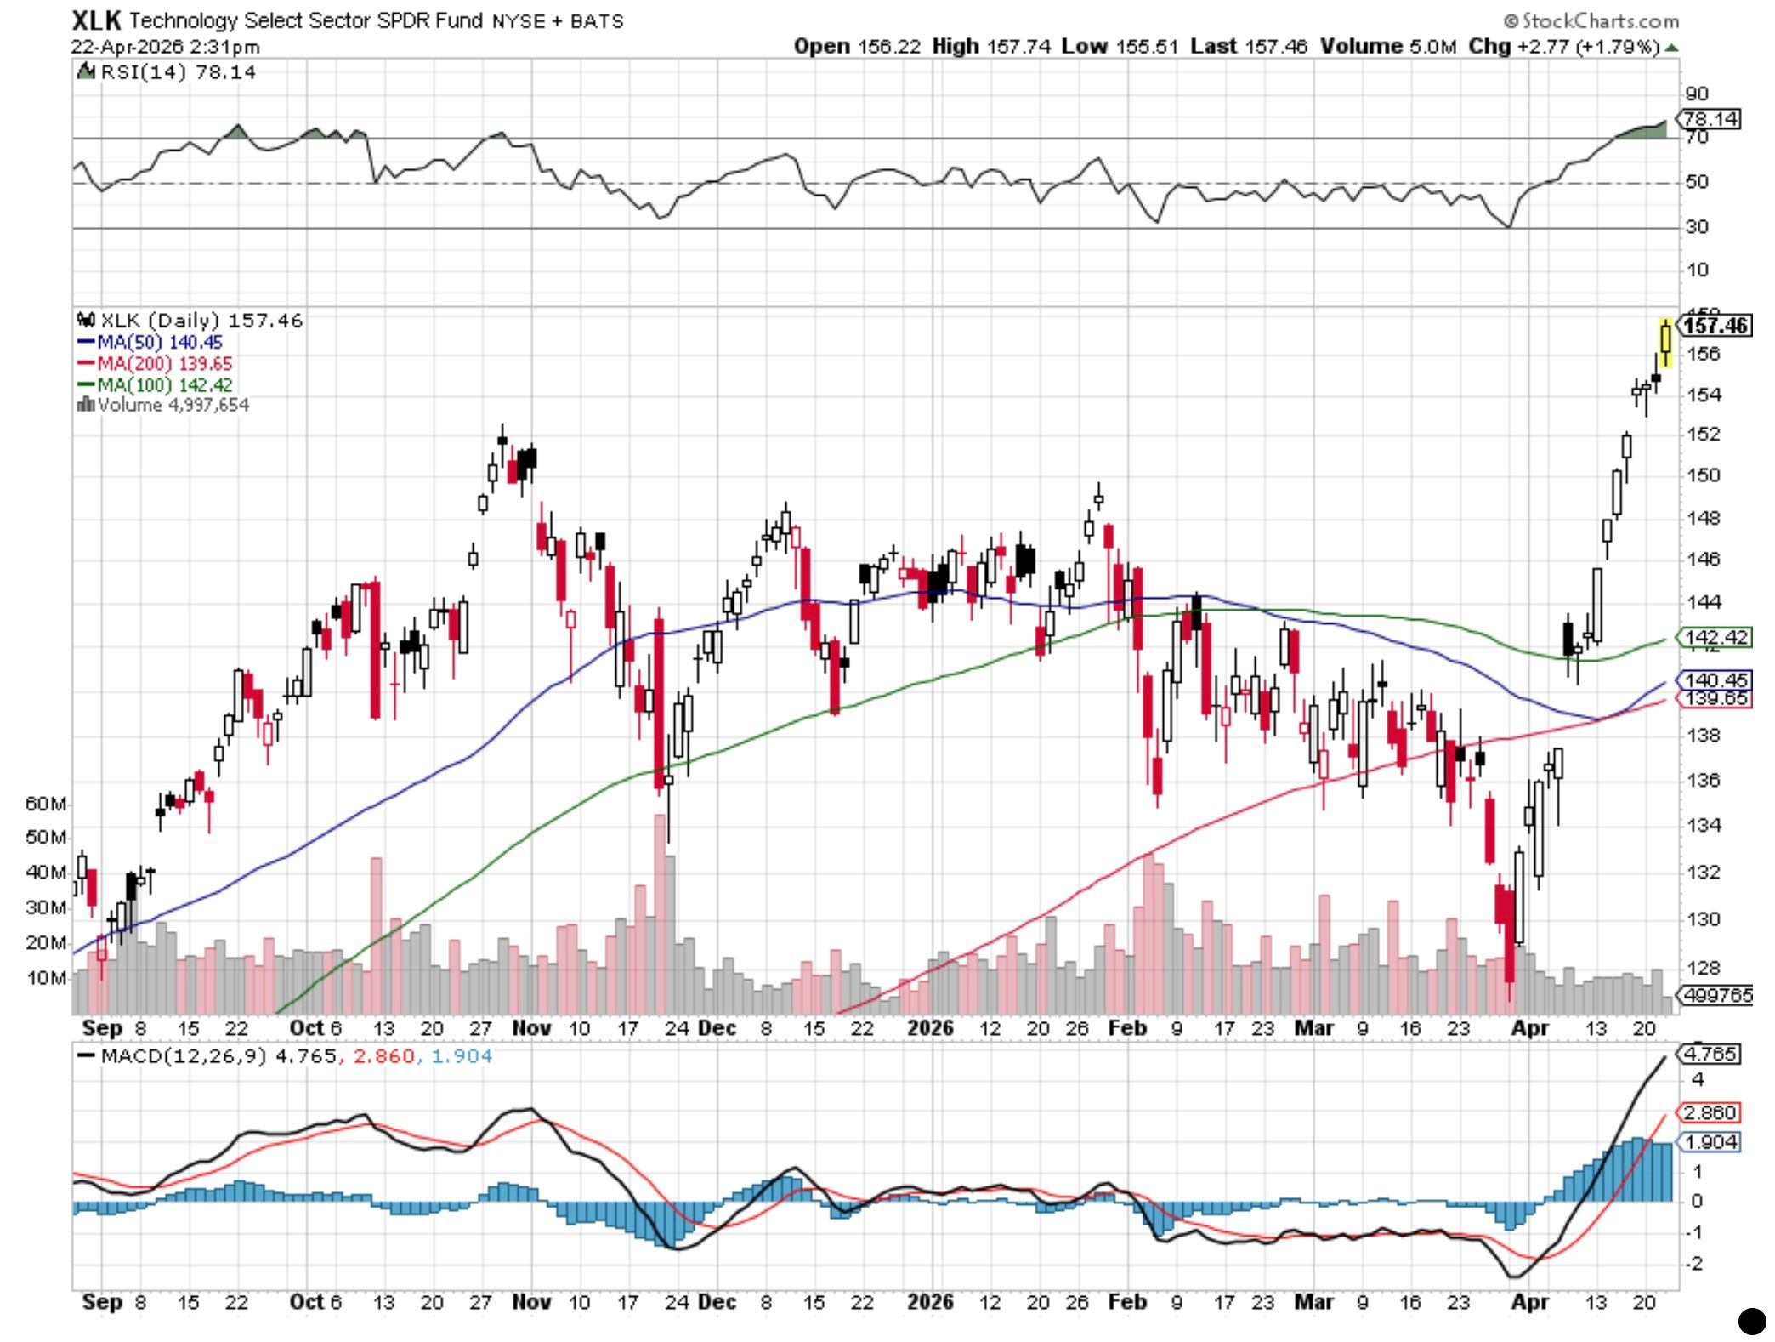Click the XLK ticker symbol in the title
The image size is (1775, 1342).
[x=96, y=20]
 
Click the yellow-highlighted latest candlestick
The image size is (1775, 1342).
[x=1665, y=340]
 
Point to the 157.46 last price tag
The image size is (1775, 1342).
[x=1715, y=326]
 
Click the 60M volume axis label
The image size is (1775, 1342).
[x=45, y=804]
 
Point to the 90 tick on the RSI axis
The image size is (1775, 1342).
[x=1697, y=94]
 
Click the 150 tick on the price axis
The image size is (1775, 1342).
[x=1704, y=475]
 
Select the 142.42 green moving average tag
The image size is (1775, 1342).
[x=1715, y=637]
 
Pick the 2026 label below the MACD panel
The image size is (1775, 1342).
[x=930, y=1302]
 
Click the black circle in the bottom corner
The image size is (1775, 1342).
[x=1752, y=1321]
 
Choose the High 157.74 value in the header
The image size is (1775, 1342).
[x=991, y=47]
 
